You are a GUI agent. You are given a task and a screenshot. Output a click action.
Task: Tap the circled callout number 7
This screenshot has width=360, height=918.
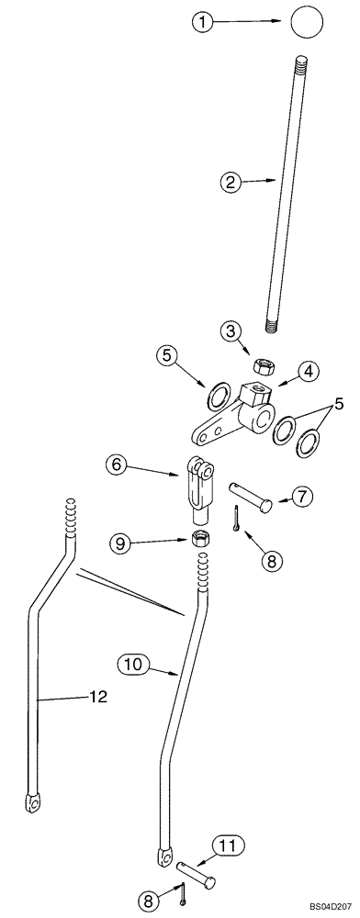[x=303, y=497]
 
